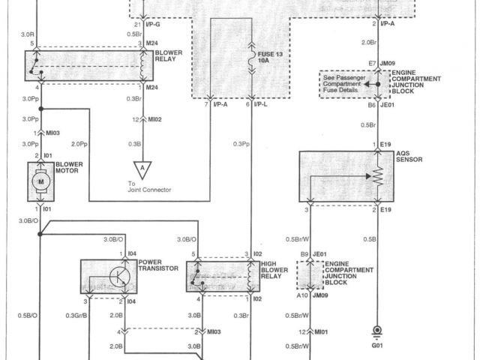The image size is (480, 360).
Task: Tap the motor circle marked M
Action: pos(42,181)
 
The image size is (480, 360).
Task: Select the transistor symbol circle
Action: pos(118,277)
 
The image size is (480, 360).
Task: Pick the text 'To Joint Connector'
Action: pos(150,186)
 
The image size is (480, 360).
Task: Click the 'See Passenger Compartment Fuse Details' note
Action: pos(345,84)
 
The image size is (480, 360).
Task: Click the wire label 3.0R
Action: pos(28,34)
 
